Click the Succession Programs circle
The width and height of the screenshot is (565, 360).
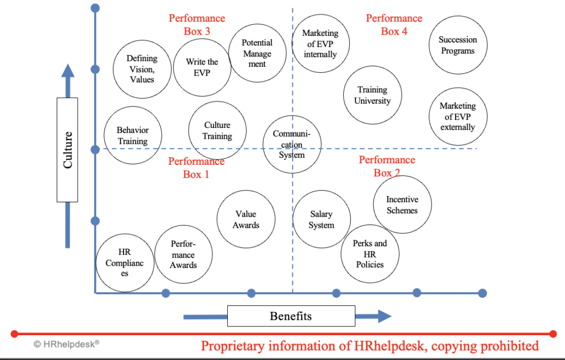point(458,45)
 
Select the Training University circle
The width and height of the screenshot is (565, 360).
point(372,95)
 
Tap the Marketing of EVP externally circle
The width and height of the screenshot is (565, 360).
point(458,117)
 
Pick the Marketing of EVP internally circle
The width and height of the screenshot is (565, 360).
point(321,44)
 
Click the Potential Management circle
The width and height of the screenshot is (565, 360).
point(257,53)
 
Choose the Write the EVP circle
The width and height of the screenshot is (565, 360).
point(202,67)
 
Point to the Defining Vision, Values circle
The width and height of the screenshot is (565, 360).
point(142,69)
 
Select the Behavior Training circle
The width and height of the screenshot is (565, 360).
point(133,136)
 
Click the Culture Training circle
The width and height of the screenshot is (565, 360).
point(217,130)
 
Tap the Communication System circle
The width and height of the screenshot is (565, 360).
point(292,144)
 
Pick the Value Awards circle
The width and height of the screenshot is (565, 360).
point(246,219)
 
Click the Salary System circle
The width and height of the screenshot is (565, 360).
point(322,219)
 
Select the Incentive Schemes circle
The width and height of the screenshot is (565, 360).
point(402,205)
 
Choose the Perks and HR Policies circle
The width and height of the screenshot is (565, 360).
point(370,254)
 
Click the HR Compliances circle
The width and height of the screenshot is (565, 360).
point(125,263)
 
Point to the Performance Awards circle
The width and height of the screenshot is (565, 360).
point(183,255)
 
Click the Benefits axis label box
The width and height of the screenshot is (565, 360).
point(291,316)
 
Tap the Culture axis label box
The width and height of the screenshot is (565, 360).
point(67,150)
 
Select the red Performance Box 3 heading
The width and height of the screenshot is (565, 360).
point(197,25)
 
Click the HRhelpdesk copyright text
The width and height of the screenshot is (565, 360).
point(67,344)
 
